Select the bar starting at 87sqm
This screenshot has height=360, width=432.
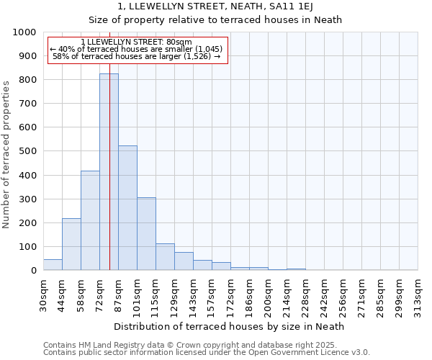click(x=127, y=208)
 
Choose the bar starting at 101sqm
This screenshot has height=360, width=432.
click(x=146, y=234)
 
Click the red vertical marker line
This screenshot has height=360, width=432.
click(x=109, y=144)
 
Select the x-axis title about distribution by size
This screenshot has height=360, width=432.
click(x=229, y=326)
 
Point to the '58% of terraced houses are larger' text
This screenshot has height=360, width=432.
click(x=137, y=56)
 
